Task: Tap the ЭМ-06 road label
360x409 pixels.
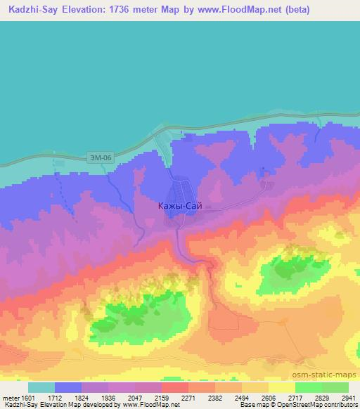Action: click(101, 158)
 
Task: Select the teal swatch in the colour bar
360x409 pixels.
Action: click(41, 387)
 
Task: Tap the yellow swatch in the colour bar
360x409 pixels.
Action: click(282, 387)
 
